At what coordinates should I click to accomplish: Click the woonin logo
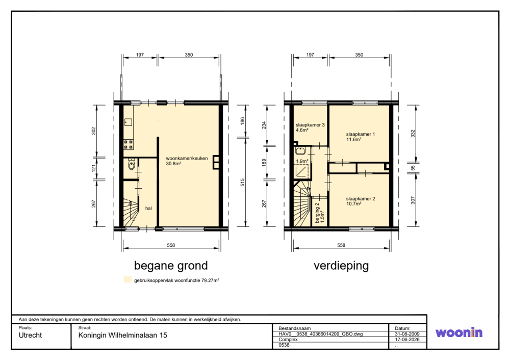pyautogui.click(x=459, y=332)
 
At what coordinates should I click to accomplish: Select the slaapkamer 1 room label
pyautogui.click(x=361, y=134)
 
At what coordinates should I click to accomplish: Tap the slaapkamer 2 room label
pyautogui.click(x=361, y=199)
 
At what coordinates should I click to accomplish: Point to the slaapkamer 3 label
pyautogui.click(x=310, y=125)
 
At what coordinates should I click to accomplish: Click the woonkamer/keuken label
pyautogui.click(x=187, y=159)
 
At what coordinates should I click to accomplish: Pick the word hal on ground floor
pyautogui.click(x=148, y=209)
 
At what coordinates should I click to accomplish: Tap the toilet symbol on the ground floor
pyautogui.click(x=132, y=165)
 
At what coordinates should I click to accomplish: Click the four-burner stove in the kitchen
pyautogui.click(x=129, y=144)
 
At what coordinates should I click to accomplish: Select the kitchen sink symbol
pyautogui.click(x=128, y=122)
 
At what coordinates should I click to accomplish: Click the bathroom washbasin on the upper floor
pyautogui.click(x=300, y=151)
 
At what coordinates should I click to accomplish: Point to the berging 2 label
pyautogui.click(x=317, y=213)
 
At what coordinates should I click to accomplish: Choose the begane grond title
pyautogui.click(x=171, y=266)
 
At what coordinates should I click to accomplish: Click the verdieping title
pyautogui.click(x=341, y=266)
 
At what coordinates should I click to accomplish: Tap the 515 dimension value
pyautogui.click(x=242, y=183)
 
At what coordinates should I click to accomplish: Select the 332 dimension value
pyautogui.click(x=413, y=134)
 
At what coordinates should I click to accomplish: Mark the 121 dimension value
pyautogui.click(x=94, y=168)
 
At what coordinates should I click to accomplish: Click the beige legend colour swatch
pyautogui.click(x=128, y=279)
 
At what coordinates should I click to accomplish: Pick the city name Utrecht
pyautogui.click(x=30, y=336)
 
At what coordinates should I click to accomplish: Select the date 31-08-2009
pyautogui.click(x=407, y=334)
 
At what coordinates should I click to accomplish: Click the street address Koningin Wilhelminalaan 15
pyautogui.click(x=122, y=336)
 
